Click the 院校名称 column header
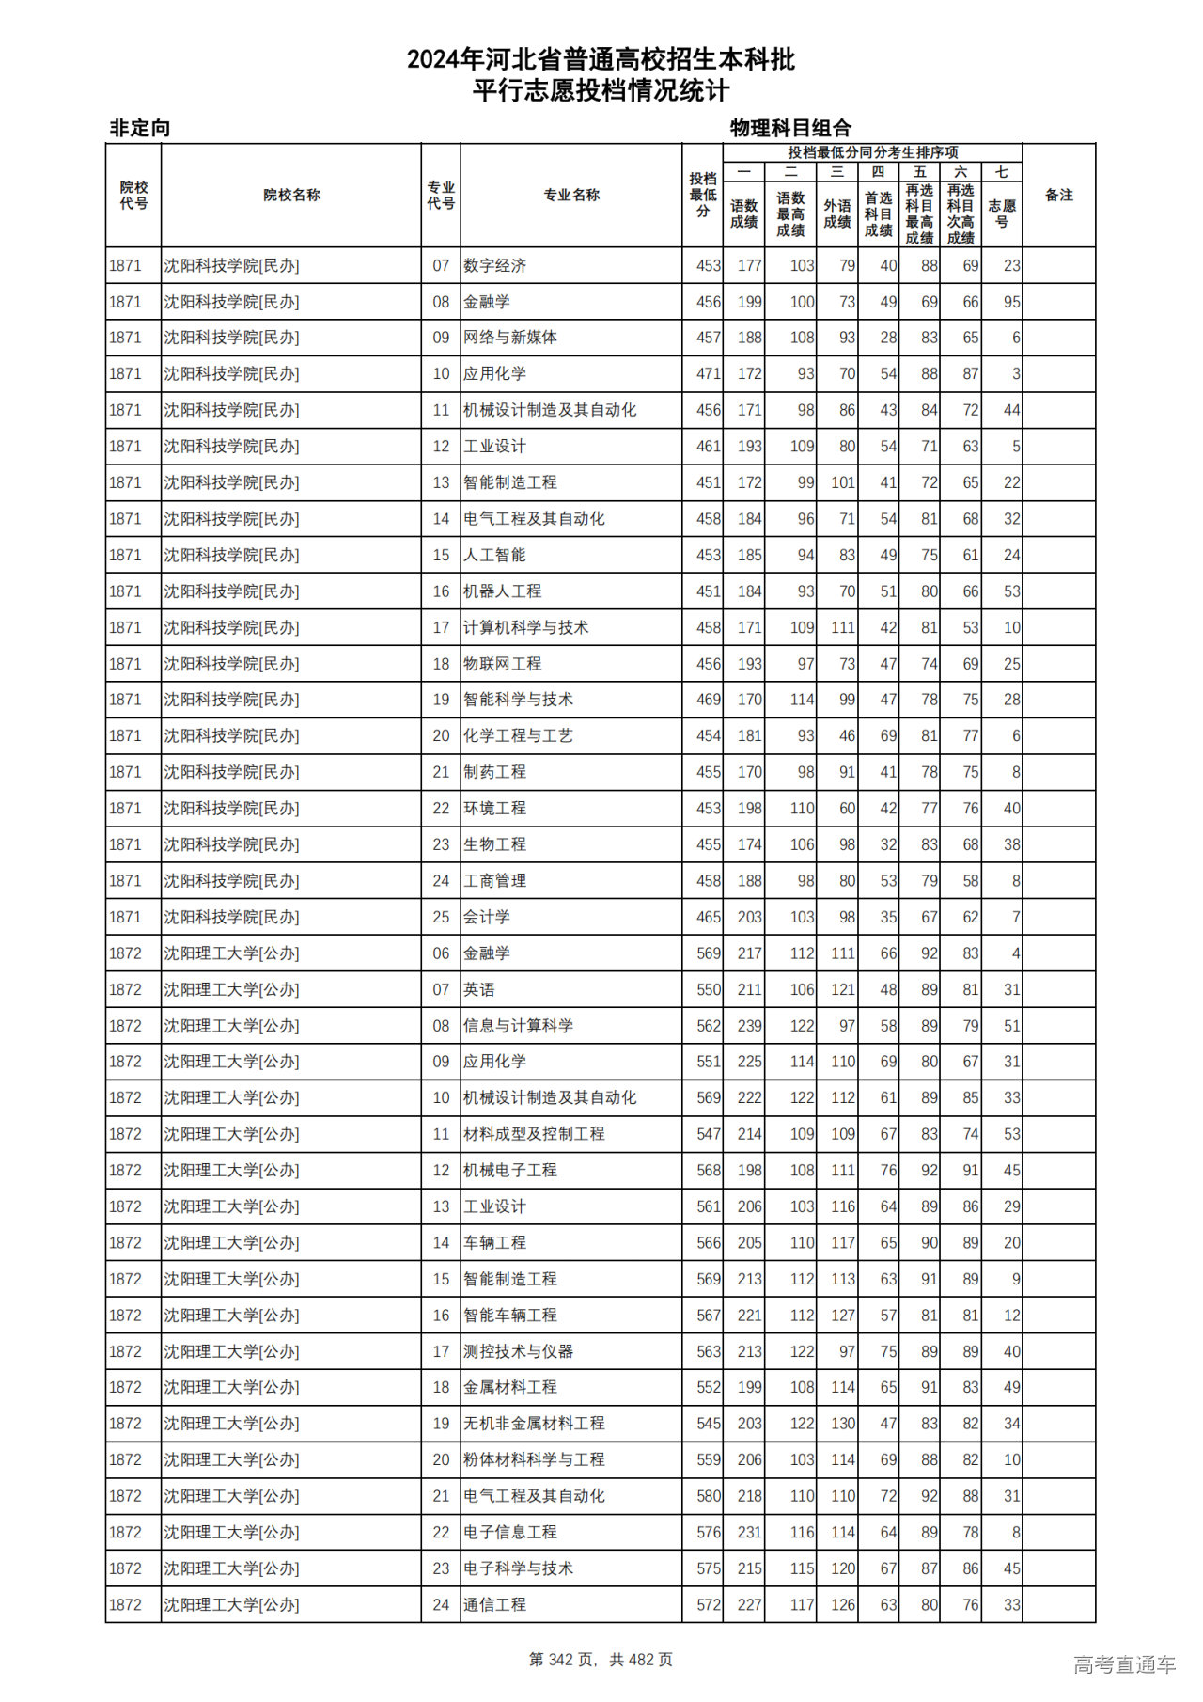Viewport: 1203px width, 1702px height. (291, 196)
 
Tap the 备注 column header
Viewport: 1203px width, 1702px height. (1058, 196)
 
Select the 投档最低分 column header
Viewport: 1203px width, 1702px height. (702, 196)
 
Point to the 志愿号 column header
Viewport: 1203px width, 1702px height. (1002, 213)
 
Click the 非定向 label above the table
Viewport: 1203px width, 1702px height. (140, 128)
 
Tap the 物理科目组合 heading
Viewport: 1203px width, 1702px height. (790, 128)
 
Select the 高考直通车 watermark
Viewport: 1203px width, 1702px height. (1124, 1664)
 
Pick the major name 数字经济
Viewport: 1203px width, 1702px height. (494, 266)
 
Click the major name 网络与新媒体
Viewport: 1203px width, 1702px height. (510, 338)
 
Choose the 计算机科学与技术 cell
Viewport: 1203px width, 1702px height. (525, 627)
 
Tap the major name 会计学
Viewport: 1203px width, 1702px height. (487, 917)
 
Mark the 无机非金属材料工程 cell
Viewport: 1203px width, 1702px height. (534, 1424)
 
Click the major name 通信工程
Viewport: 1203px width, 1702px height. (494, 1605)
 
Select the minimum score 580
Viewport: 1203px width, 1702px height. (709, 1496)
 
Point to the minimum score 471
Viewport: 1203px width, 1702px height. (709, 374)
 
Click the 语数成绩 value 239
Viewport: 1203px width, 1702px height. (749, 1026)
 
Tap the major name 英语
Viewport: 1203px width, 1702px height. (479, 989)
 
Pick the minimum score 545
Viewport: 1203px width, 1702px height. (709, 1424)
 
